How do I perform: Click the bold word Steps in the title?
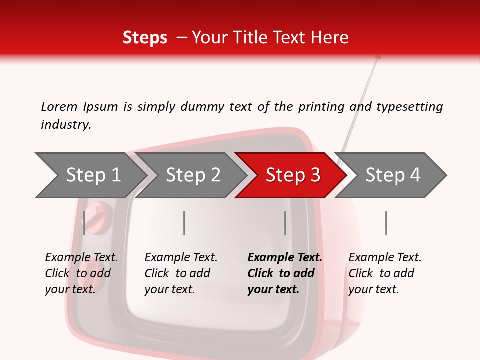145,38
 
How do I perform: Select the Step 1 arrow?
91,175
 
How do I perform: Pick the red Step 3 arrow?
291,175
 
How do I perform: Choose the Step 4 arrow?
391,175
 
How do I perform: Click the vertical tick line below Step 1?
84,223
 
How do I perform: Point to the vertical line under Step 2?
184,223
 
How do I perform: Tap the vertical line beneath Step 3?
285,223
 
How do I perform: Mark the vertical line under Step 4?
386,223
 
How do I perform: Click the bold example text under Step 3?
285,273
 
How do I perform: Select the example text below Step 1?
81,273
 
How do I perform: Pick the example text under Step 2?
181,273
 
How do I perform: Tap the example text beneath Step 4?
385,273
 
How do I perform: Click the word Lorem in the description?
59,107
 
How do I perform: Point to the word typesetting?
410,107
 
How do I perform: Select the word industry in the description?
66,125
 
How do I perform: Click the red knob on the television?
97,218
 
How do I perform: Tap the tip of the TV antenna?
378,57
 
